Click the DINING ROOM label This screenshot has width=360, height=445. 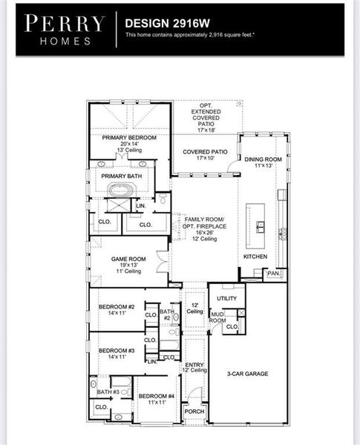(x=264, y=159)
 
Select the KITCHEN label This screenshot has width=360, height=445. (x=255, y=257)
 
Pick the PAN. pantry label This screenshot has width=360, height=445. (x=273, y=273)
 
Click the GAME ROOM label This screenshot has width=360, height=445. (x=128, y=260)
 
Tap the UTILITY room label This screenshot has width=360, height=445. (x=226, y=298)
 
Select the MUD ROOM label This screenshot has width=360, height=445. (x=217, y=317)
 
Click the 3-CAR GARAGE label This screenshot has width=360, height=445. (x=248, y=374)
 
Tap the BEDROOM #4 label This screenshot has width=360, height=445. (x=156, y=396)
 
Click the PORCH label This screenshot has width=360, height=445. (x=194, y=412)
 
